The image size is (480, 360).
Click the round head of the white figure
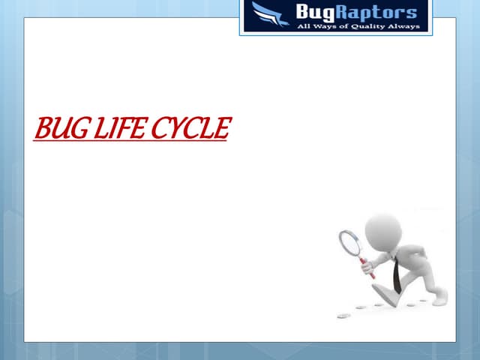point(383,228)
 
